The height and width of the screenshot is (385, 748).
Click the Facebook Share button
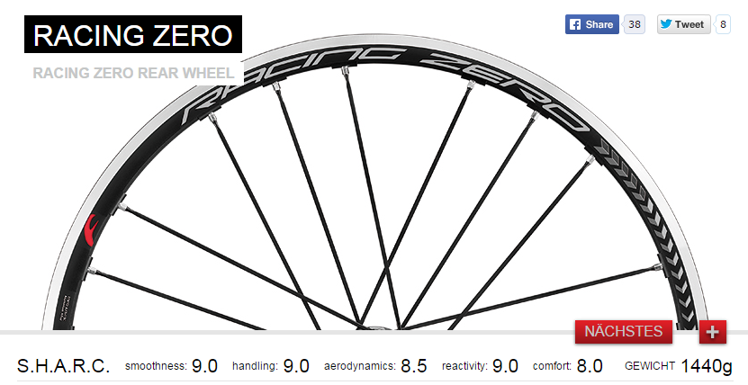click(x=591, y=24)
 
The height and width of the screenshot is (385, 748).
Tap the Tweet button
click(x=683, y=24)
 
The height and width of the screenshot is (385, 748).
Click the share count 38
click(x=635, y=24)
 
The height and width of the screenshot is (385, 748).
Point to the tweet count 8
click(x=723, y=24)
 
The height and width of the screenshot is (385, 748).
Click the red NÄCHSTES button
click(x=624, y=332)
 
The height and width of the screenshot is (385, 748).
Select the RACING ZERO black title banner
click(x=133, y=34)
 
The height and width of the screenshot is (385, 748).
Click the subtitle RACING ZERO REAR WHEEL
click(x=133, y=73)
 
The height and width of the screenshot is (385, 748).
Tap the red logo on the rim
click(x=91, y=230)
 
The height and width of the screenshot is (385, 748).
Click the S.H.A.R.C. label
click(x=63, y=366)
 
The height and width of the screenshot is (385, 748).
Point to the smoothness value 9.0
click(x=204, y=366)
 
